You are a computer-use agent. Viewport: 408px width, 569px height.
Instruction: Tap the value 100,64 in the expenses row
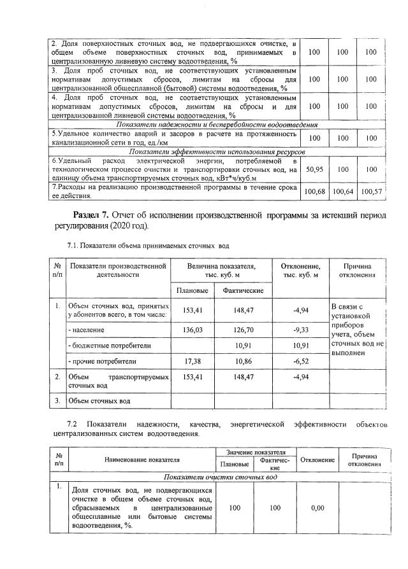pyautogui.click(x=343, y=192)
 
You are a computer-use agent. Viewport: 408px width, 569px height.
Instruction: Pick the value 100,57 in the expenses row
pyautogui.click(x=372, y=192)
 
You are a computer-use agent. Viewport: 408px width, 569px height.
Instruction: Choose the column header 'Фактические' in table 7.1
pyautogui.click(x=243, y=290)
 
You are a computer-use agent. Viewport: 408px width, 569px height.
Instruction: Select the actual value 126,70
pyautogui.click(x=243, y=330)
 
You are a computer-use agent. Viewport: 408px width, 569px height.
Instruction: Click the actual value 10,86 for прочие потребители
pyautogui.click(x=243, y=360)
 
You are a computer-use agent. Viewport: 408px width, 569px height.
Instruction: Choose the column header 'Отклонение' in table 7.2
pyautogui.click(x=317, y=460)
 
